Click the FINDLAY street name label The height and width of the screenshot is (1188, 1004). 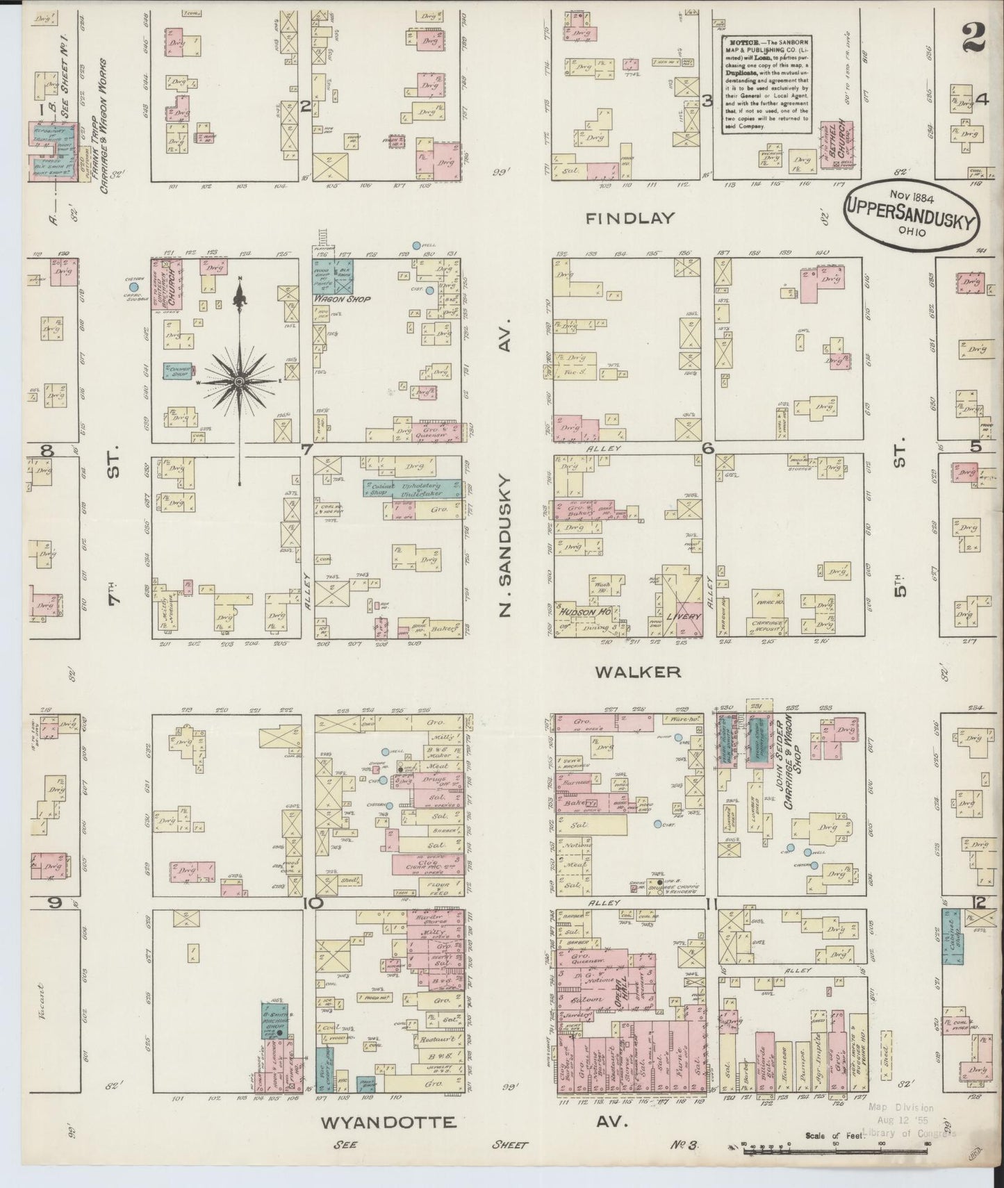point(630,218)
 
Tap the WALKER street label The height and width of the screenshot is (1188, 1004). point(637,672)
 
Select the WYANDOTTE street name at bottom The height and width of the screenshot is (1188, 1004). point(389,1122)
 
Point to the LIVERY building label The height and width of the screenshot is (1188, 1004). point(679,616)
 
